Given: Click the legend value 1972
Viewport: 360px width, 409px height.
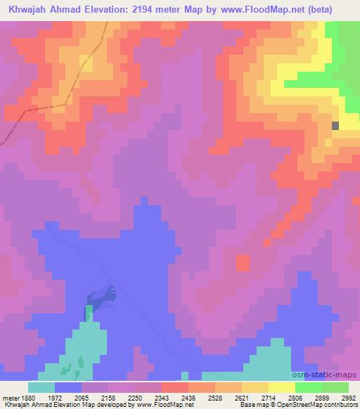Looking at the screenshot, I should coord(67,397).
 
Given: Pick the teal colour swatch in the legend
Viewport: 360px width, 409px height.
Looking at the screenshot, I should coord(41,387).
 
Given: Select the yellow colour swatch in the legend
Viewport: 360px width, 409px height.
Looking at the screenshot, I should coord(281,387).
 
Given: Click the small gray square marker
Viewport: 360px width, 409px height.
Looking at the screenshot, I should coord(335,125).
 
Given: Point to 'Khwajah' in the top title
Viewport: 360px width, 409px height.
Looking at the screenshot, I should coord(27,9).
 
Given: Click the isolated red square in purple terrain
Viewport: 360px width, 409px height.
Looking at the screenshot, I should coord(243,264).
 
